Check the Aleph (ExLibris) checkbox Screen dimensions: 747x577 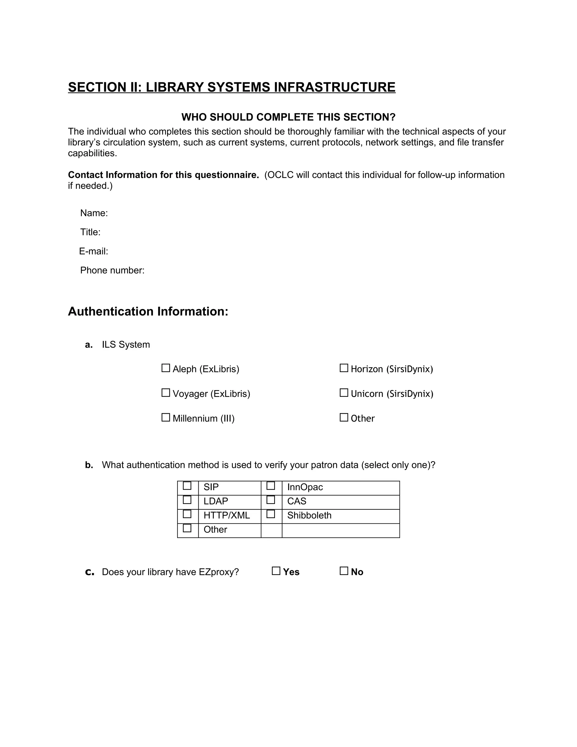[x=166, y=368]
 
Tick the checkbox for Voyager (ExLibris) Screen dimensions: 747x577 [x=166, y=393]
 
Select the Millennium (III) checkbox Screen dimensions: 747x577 [x=166, y=417]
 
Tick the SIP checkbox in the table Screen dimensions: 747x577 [x=187, y=486]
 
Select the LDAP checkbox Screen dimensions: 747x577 [x=187, y=500]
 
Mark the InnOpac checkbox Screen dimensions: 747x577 [x=271, y=486]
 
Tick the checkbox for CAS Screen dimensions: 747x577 [x=271, y=500]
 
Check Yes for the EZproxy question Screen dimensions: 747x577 [x=276, y=571]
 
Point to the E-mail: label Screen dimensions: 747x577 [x=94, y=251]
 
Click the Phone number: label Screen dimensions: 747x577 [x=112, y=271]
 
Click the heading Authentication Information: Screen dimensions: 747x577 [x=148, y=311]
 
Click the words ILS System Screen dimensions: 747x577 [x=126, y=344]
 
